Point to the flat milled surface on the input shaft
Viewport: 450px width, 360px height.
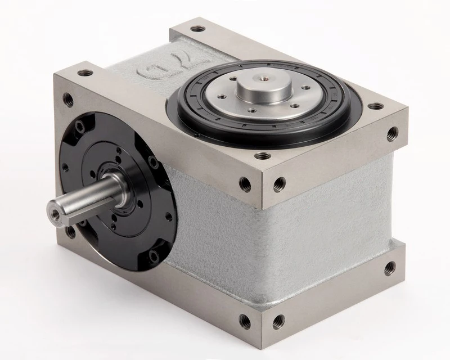pyautogui.click(x=84, y=196)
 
